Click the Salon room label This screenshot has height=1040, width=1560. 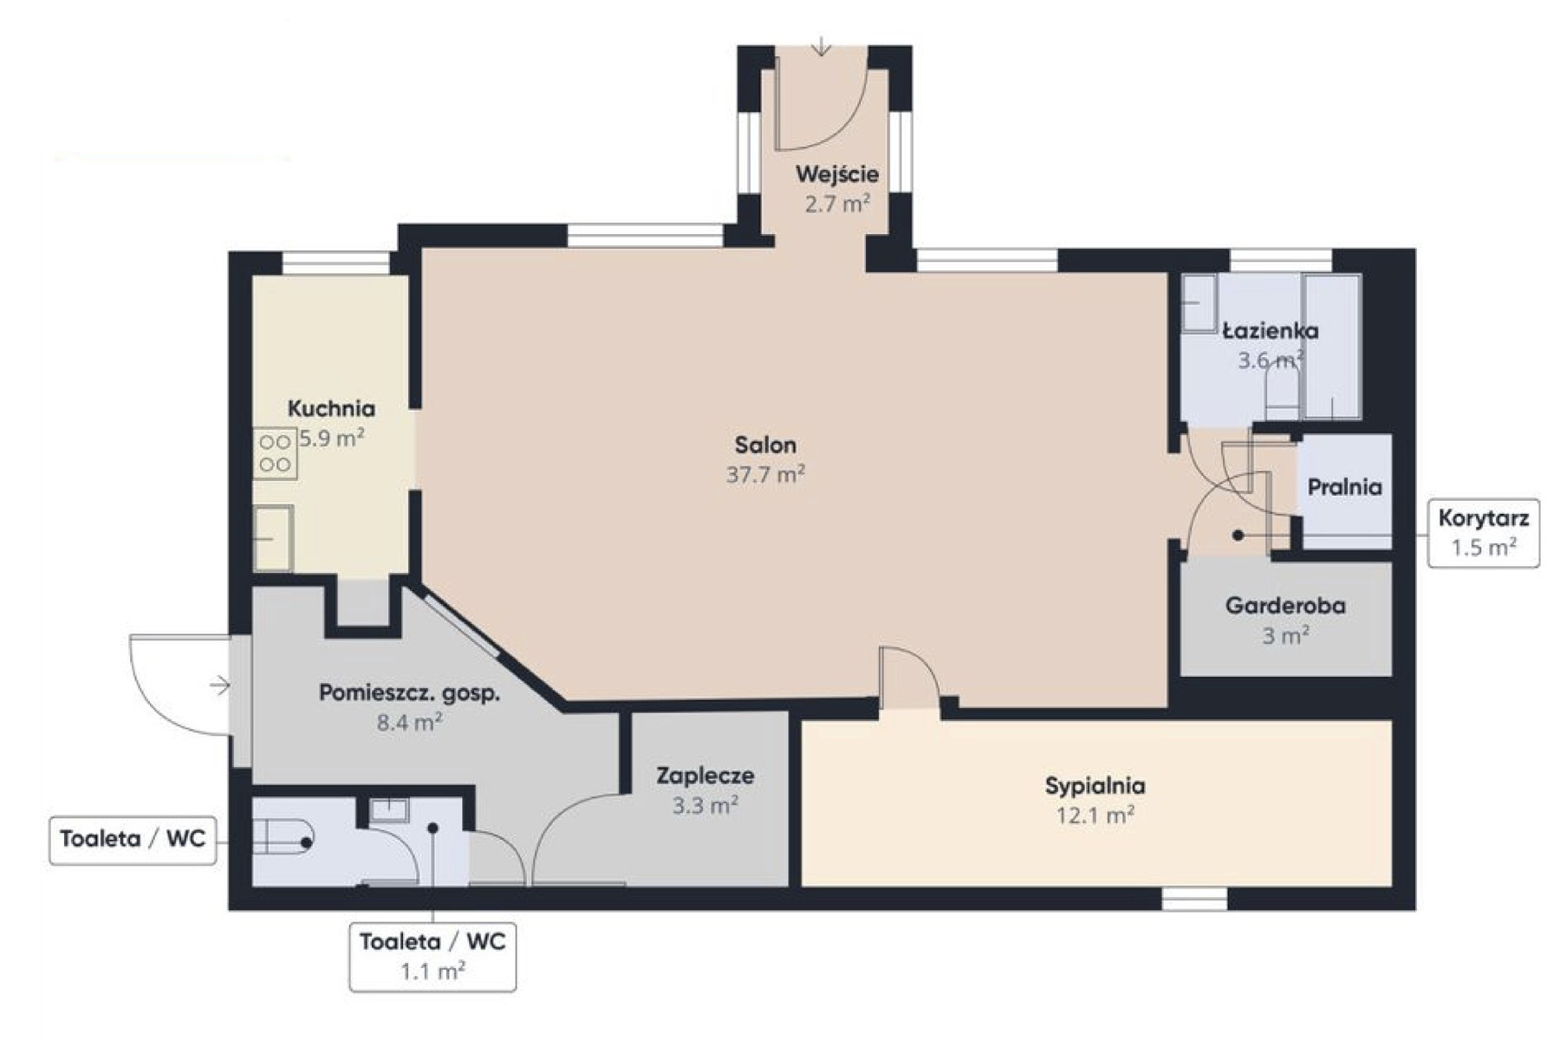(765, 445)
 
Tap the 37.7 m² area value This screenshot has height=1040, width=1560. (765, 475)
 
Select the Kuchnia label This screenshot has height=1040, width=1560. (331, 408)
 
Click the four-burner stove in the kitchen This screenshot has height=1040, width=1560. (275, 453)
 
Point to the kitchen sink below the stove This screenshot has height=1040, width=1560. (273, 537)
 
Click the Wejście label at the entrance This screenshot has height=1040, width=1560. (837, 174)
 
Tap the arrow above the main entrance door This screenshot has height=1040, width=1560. (821, 47)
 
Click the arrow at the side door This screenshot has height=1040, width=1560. (219, 686)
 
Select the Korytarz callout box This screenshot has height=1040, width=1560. (1484, 533)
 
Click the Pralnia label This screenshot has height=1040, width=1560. (1344, 487)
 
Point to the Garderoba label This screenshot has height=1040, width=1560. (1285, 605)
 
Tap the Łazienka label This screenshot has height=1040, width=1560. (1271, 330)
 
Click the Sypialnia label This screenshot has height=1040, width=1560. (1095, 786)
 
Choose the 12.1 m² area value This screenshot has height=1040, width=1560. (1095, 816)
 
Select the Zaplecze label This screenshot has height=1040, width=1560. (705, 776)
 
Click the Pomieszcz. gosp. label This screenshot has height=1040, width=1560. (410, 693)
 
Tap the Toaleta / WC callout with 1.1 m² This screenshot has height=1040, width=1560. (432, 957)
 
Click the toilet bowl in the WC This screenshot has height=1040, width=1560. (283, 836)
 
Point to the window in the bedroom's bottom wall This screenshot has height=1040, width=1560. (1194, 899)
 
